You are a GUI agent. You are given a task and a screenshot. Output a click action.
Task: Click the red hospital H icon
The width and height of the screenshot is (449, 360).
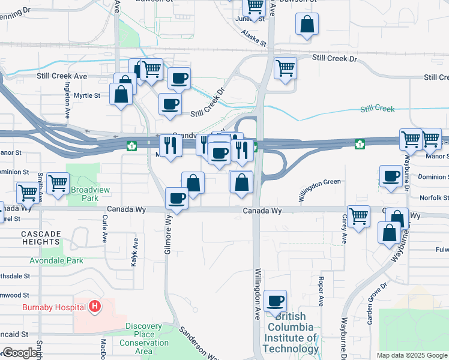point(94,307)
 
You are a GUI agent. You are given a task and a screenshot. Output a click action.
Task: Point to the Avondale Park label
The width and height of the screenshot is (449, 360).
point(57,261)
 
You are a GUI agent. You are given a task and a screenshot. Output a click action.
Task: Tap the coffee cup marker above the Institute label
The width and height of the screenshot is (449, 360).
point(275,301)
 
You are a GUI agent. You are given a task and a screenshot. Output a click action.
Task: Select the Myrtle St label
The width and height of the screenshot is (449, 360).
point(89,95)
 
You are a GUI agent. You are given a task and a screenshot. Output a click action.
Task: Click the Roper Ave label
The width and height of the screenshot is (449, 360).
point(322,290)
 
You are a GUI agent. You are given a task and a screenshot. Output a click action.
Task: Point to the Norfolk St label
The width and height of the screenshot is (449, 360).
point(434,197)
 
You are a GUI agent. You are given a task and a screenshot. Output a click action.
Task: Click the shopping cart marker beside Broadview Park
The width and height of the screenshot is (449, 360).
point(58,183)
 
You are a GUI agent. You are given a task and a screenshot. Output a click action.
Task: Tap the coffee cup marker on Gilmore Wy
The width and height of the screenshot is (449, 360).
point(176,198)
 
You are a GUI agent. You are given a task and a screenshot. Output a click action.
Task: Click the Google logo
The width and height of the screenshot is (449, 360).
point(21,353)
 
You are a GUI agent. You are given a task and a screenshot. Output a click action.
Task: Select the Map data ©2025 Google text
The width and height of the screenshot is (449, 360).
point(411,355)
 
